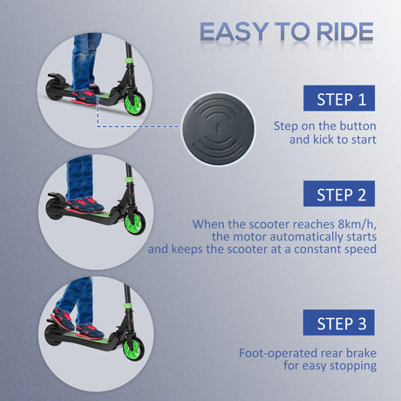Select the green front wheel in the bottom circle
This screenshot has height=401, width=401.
point(135,347)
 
